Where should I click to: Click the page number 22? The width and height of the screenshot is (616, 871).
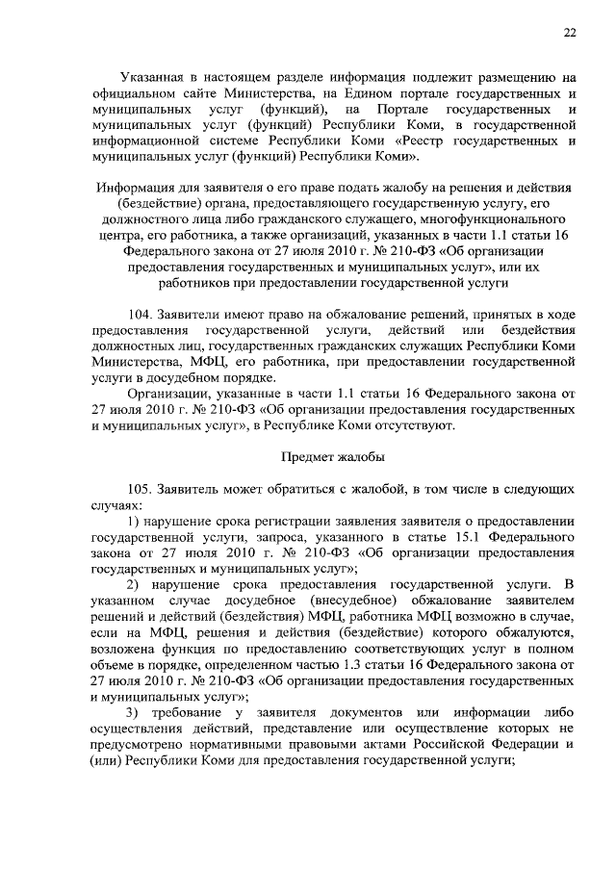pos(570,34)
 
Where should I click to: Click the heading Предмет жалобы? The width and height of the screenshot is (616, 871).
pos(332,456)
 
